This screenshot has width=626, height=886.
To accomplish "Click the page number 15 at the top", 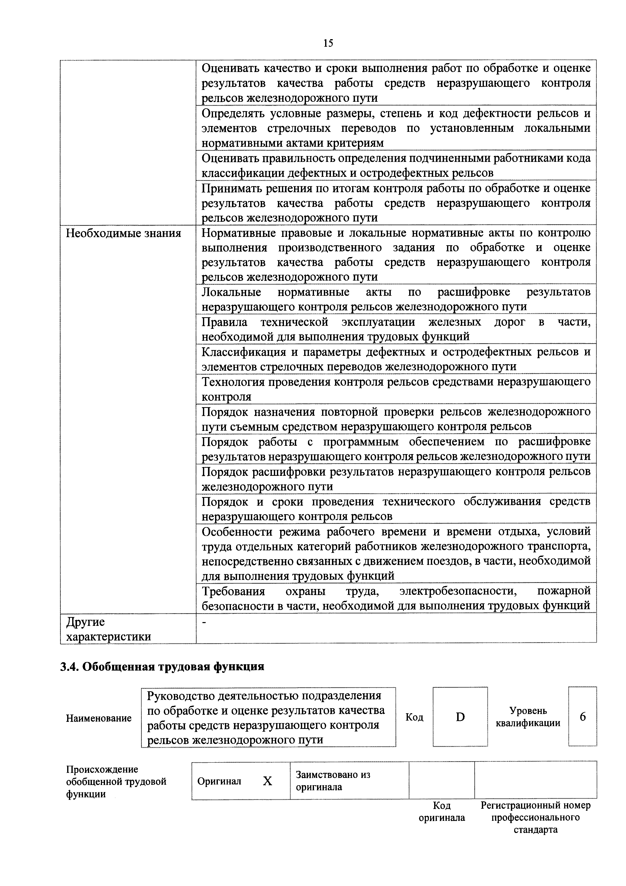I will (x=328, y=43).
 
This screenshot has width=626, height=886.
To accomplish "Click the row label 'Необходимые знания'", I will (x=123, y=233).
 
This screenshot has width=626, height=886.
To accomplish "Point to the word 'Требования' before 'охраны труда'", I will (x=233, y=591).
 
